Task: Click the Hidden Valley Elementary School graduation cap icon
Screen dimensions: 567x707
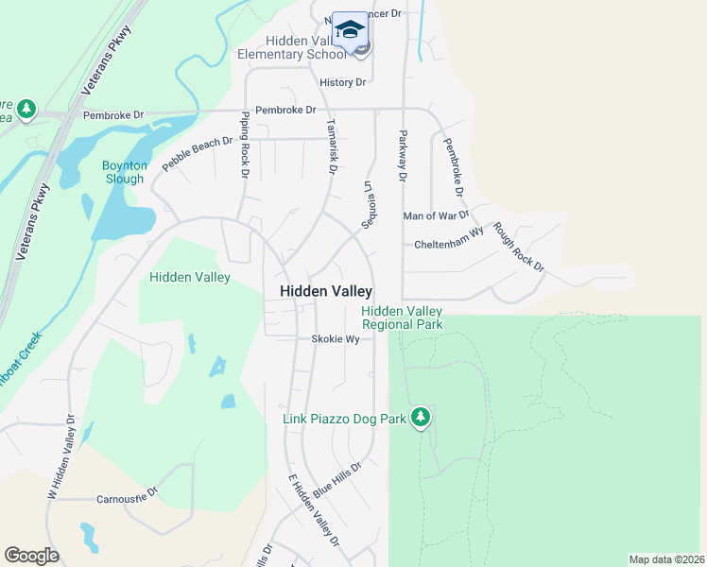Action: [350, 28]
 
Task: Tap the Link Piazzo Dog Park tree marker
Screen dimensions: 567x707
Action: [421, 417]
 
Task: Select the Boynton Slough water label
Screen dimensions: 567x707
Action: [124, 172]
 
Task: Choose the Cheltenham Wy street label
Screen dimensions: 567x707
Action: [449, 244]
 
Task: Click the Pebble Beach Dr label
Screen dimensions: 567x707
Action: [197, 153]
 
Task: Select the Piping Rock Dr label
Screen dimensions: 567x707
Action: [244, 145]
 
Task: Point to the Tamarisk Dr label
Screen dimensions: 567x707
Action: [331, 146]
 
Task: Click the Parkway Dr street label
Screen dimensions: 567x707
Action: [402, 155]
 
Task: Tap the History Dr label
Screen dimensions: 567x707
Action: [342, 82]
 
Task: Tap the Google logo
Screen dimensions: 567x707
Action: [31, 556]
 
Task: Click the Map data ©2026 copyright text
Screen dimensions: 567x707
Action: [665, 559]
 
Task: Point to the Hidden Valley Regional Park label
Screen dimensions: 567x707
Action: [402, 318]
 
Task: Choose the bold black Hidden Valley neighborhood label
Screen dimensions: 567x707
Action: [326, 292]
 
